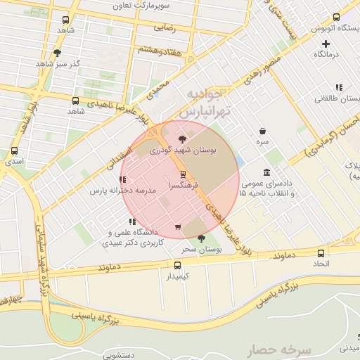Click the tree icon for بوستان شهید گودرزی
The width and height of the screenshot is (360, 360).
pyautogui.click(x=183, y=139)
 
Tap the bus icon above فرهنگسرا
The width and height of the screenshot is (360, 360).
pyautogui.click(x=183, y=174)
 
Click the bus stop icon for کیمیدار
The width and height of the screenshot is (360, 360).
pyautogui.click(x=177, y=265)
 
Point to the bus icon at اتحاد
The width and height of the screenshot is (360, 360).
pyautogui.click(x=321, y=252)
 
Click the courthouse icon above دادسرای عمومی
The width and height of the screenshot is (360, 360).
pyautogui.click(x=266, y=173)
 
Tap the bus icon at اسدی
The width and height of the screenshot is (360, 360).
pyautogui.click(x=15, y=150)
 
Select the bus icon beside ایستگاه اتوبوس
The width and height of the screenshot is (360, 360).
pyautogui.click(x=336, y=17)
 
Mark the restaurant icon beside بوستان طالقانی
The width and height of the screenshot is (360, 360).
pyautogui.click(x=339, y=88)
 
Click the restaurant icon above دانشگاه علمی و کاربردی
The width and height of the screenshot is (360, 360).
pyautogui.click(x=131, y=222)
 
